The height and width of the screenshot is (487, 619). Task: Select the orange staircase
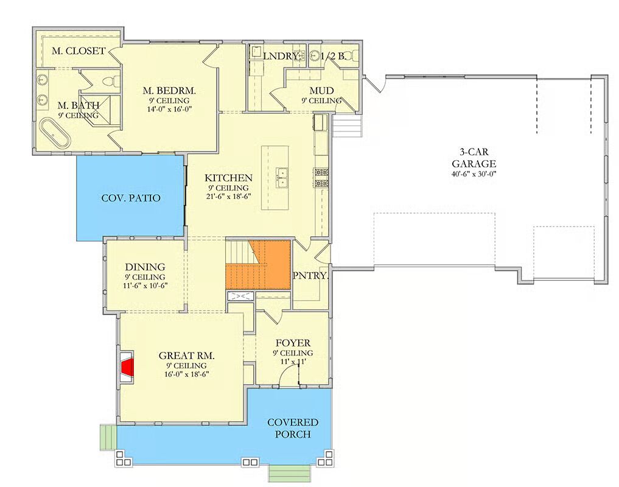(x=258, y=265)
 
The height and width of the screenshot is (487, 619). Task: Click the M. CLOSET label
(x=79, y=51)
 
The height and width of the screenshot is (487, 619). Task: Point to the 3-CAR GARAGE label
(x=474, y=158)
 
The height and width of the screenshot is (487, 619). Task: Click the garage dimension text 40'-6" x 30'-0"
(x=474, y=173)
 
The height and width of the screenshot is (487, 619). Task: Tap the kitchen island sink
(x=282, y=178)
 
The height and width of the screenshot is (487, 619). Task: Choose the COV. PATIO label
(x=131, y=198)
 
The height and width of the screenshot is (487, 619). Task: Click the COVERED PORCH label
(x=293, y=428)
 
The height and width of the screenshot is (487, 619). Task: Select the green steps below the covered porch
(x=289, y=473)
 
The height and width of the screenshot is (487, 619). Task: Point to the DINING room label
(x=145, y=267)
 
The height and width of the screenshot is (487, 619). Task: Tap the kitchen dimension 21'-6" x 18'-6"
(x=229, y=196)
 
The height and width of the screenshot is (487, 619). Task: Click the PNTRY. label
(x=310, y=276)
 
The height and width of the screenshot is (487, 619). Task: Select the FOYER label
(x=293, y=343)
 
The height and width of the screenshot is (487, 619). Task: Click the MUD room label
(x=321, y=91)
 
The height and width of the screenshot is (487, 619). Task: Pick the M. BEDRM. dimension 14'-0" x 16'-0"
(x=169, y=110)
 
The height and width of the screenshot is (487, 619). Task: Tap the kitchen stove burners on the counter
(x=321, y=177)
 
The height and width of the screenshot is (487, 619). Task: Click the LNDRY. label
(x=281, y=56)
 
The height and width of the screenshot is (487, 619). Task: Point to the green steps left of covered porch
(x=108, y=437)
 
